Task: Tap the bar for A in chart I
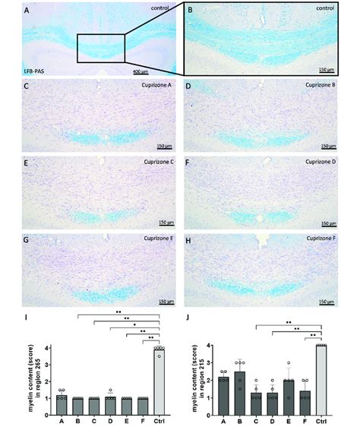point(62,406)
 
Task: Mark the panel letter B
point(191,11)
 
